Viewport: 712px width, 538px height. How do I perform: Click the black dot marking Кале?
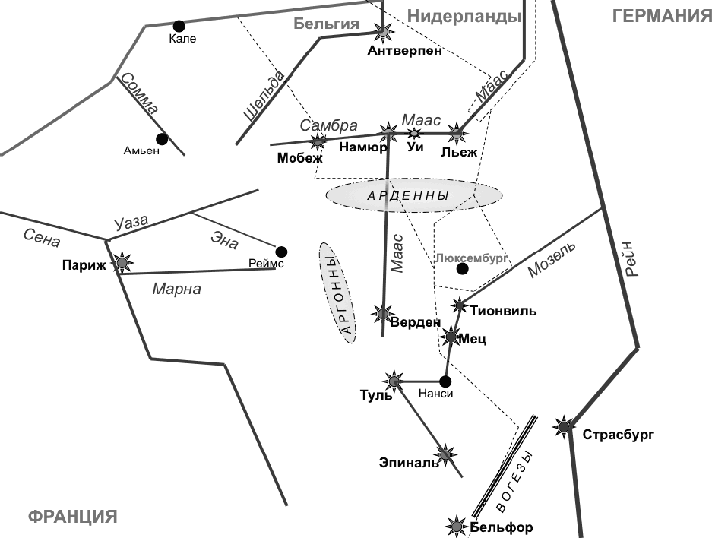pos(179,26)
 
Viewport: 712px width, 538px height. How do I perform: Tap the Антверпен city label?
pos(404,51)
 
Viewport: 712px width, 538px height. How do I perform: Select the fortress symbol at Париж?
pos(122,264)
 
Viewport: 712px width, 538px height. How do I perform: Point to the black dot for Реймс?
pos(281,252)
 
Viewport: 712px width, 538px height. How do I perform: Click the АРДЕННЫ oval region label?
pos(408,196)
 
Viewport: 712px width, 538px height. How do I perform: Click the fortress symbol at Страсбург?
pos(564,427)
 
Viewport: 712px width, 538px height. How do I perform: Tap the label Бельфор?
pos(502,527)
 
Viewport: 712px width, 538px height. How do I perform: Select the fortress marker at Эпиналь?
pos(446,454)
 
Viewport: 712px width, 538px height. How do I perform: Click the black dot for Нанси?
pos(445,381)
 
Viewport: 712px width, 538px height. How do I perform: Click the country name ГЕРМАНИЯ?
pos(660,17)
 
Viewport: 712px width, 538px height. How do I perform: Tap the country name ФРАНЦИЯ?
pos(73,517)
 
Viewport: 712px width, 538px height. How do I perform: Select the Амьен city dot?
pos(161,139)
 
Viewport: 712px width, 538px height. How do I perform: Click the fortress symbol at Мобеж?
pos(318,141)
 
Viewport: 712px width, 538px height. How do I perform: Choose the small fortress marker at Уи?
pos(414,133)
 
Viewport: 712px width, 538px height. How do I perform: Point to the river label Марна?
pos(176,289)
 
